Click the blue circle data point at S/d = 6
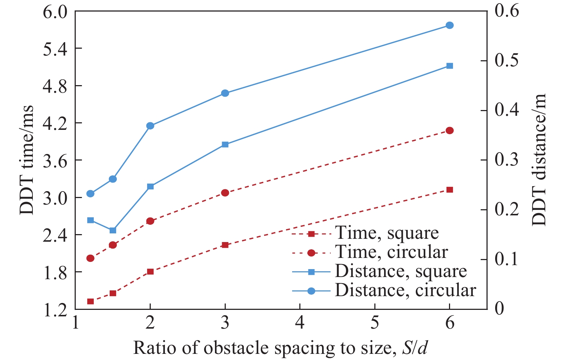[x=449, y=25]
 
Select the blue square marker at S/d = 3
[x=225, y=144]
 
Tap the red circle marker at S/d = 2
[x=150, y=221]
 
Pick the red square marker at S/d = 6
[x=449, y=190]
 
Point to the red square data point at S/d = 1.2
[x=91, y=301]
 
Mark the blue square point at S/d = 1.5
[x=113, y=230]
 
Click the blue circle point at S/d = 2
[x=150, y=126]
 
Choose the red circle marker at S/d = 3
[x=225, y=193]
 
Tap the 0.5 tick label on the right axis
[x=506, y=61]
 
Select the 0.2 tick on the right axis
[x=506, y=210]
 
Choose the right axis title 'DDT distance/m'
[x=539, y=160]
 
